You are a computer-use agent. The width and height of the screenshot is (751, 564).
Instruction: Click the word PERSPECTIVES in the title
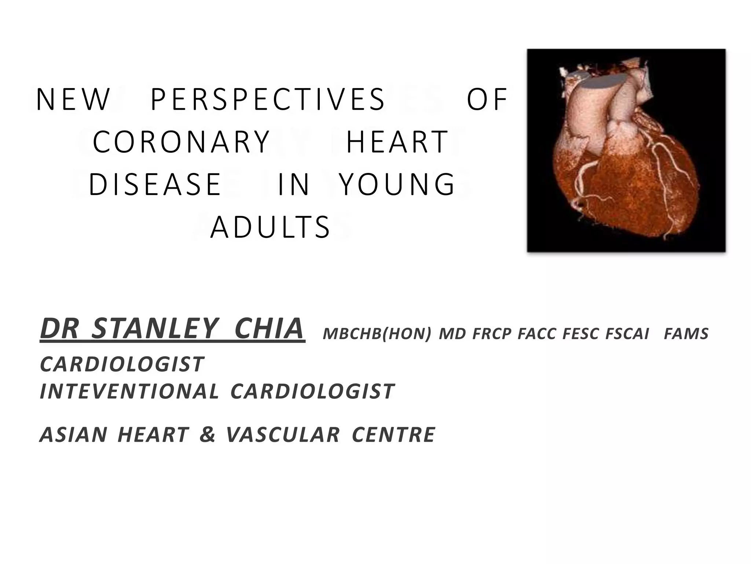pyautogui.click(x=268, y=100)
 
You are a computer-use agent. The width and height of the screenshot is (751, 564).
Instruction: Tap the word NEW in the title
pyautogui.click(x=73, y=100)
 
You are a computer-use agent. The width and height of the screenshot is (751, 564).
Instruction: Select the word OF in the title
pyautogui.click(x=487, y=100)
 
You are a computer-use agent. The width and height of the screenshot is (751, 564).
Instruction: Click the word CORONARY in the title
pyautogui.click(x=182, y=142)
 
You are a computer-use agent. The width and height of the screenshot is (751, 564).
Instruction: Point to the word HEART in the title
pyautogui.click(x=397, y=142)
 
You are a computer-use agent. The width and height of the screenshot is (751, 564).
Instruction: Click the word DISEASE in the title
pyautogui.click(x=155, y=185)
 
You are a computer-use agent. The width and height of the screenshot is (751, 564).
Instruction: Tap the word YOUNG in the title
pyautogui.click(x=397, y=185)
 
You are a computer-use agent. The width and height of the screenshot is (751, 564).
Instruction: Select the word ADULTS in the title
pyautogui.click(x=271, y=227)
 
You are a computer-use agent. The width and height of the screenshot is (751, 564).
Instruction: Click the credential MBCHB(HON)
pyautogui.click(x=377, y=334)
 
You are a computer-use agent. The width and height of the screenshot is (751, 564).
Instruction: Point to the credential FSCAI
pyautogui.click(x=627, y=334)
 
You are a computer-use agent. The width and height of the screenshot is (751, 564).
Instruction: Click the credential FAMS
pyautogui.click(x=686, y=334)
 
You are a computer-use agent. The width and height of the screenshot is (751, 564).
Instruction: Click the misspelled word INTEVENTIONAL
pyautogui.click(x=129, y=391)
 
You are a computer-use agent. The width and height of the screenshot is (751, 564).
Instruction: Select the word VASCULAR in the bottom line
pyautogui.click(x=283, y=435)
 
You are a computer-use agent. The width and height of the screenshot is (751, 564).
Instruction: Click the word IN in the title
pyautogui.click(x=294, y=185)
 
